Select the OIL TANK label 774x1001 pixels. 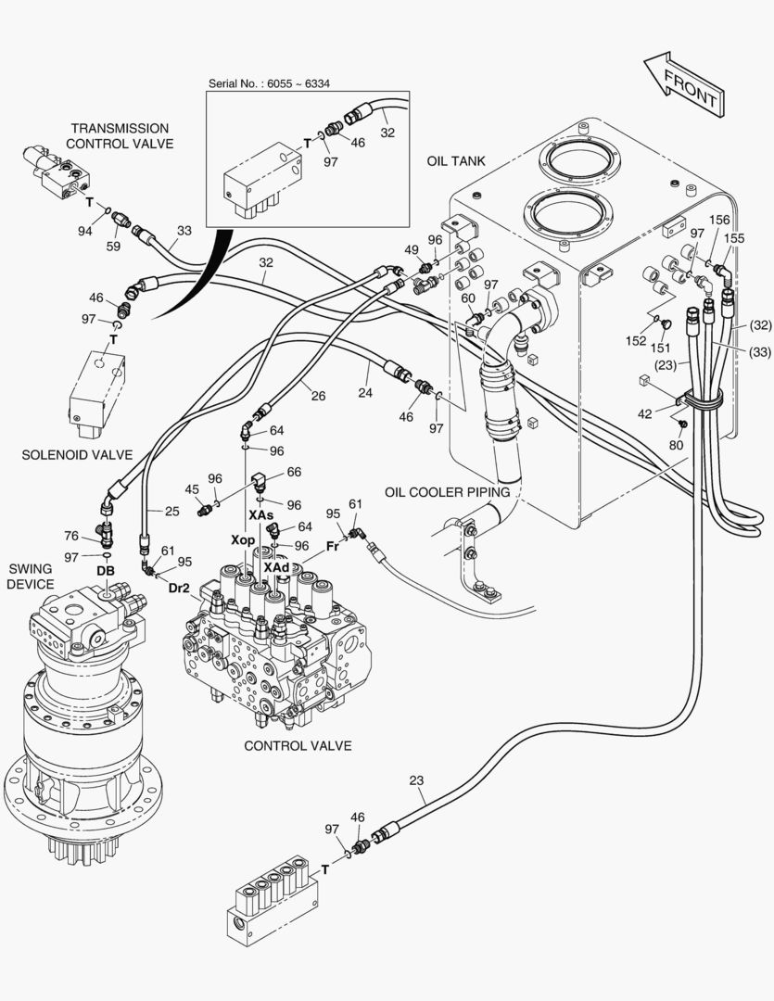455,161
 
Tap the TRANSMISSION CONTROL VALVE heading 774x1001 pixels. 120,135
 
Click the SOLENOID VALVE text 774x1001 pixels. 77,454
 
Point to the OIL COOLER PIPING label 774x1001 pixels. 448,492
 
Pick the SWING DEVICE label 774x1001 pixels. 32,576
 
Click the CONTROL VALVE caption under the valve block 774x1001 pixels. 298,745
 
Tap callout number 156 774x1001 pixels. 719,220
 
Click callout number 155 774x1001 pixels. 734,238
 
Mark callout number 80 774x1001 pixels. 676,445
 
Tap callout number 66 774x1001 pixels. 294,472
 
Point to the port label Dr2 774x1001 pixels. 180,587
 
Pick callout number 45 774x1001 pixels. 192,488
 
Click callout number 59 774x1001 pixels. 113,247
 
